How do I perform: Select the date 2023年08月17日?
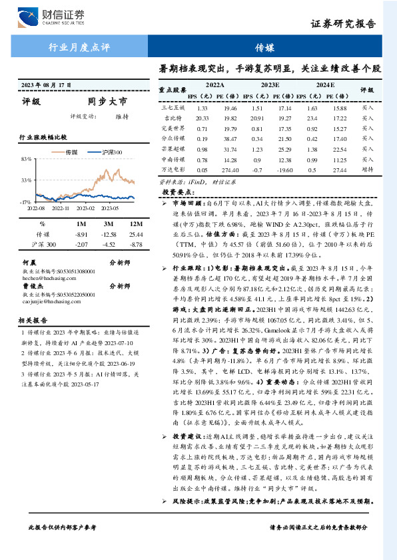(46, 84)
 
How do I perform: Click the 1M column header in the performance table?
(81, 224)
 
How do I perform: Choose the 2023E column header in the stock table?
(270, 86)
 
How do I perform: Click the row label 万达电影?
(172, 170)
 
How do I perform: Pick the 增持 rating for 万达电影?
(368, 170)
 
